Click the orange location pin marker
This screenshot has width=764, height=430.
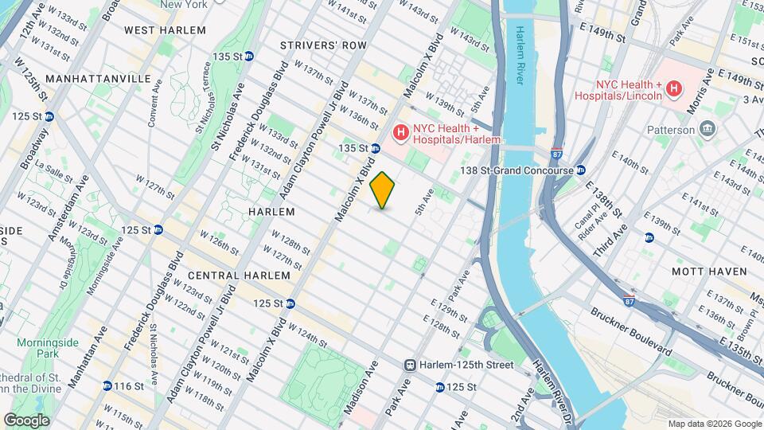click(383, 190)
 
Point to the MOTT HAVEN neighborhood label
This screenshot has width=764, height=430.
click(709, 272)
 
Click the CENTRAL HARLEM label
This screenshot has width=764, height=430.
click(240, 275)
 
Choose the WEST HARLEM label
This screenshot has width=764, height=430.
click(165, 30)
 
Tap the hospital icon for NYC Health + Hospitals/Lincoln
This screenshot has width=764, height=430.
click(674, 88)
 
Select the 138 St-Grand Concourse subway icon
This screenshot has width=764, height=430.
click(581, 170)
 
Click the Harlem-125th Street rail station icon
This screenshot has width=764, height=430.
click(411, 365)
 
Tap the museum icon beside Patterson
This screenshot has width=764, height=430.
click(707, 130)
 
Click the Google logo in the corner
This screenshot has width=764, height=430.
click(26, 420)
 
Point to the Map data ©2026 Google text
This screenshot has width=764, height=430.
click(714, 424)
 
